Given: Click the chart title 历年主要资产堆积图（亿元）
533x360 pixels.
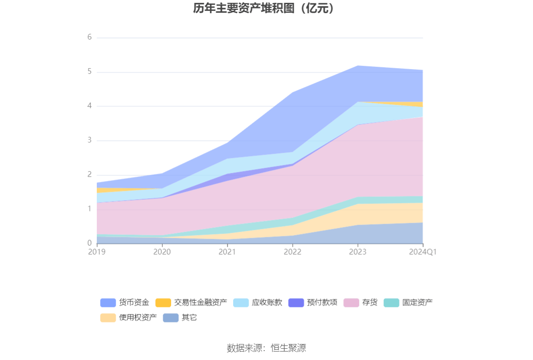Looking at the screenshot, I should point(266,8).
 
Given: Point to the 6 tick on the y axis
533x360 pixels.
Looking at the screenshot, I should point(89,37).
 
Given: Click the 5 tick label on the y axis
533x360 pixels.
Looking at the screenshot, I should point(89,72).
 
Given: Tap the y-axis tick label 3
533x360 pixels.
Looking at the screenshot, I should point(89,140).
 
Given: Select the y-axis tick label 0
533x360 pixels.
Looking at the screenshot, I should point(89,243).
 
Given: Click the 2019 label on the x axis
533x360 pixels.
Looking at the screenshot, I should point(97,252).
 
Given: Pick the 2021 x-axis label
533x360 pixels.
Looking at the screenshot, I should point(227,252).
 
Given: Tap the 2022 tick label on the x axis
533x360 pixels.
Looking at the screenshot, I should point(292,252).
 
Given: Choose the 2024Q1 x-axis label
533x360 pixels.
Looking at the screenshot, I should point(423,252).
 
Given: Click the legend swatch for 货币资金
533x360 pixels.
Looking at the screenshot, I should point(108,303).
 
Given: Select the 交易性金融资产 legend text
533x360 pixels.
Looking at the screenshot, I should point(200,303).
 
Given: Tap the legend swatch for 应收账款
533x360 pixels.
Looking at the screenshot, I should point(241,303).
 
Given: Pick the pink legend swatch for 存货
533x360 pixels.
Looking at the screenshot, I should point(351,303).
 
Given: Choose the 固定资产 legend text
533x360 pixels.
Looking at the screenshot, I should point(417,303).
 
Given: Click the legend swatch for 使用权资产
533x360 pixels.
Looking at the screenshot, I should point(108,318).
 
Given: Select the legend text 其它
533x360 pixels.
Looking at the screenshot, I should point(189,318).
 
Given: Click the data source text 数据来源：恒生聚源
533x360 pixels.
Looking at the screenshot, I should point(266,348).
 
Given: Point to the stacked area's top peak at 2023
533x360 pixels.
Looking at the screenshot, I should point(358,66).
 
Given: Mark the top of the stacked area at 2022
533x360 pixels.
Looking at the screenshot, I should point(292,92).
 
